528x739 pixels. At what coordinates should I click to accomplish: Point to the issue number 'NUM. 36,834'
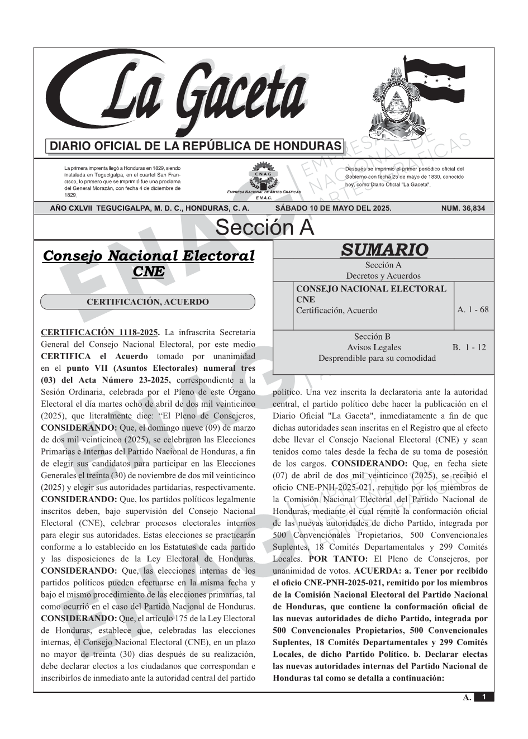tap(463, 208)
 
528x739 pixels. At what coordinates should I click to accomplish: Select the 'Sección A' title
tap(264, 228)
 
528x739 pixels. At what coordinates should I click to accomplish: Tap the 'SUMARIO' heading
tap(384, 250)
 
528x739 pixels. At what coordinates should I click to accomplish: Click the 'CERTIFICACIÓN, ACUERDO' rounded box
tap(148, 302)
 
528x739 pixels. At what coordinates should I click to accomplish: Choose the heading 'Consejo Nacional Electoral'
tap(149, 256)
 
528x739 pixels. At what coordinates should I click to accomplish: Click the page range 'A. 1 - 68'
tap(473, 309)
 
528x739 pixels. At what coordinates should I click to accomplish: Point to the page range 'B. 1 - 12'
tap(469, 347)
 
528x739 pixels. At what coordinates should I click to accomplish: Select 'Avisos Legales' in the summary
tap(374, 347)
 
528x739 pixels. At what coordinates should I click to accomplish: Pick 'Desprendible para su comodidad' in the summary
tap(377, 358)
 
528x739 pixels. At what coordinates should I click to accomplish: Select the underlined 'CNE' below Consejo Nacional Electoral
tap(149, 271)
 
